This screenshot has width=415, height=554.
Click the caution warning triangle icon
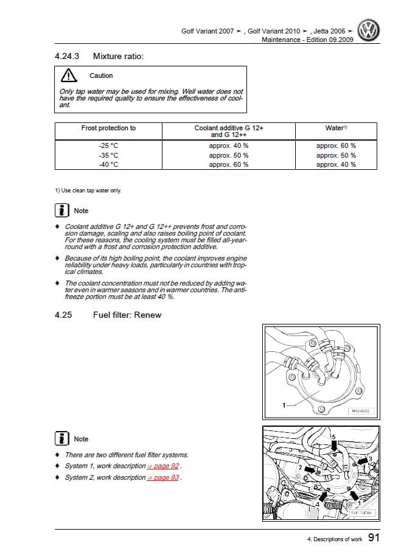coord(69,75)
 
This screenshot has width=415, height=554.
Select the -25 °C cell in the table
coord(108,146)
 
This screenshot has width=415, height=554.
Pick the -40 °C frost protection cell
coord(108,164)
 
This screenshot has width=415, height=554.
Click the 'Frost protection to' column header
coord(108,128)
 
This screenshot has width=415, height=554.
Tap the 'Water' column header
coord(336,128)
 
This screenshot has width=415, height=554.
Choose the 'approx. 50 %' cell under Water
coord(336,155)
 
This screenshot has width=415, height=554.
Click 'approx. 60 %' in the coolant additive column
coord(228,164)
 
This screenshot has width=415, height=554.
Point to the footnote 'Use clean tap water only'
coord(88,191)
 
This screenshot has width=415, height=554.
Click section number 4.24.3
coord(66,56)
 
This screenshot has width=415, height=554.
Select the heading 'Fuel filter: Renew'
coord(127,315)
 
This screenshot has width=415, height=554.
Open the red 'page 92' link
coord(166,466)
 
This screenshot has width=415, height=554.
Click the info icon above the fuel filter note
coord(61,439)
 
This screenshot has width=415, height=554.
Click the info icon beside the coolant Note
coord(61,211)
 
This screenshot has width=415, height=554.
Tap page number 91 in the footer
coord(374,537)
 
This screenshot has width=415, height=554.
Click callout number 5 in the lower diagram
coord(333,437)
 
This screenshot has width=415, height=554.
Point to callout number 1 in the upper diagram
coord(283,405)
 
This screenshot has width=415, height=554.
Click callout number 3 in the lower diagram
coord(369,458)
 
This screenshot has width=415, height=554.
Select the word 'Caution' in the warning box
coord(101,75)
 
